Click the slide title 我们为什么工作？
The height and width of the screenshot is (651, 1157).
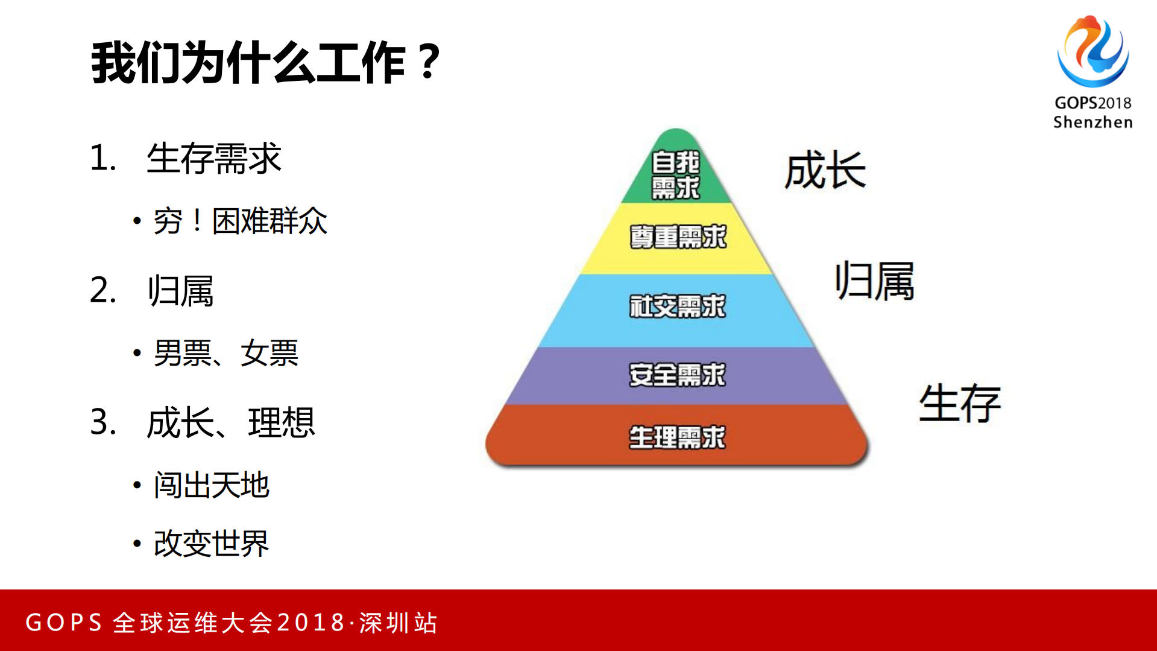pyautogui.click(x=265, y=63)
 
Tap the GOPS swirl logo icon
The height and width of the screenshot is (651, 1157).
pyautogui.click(x=1092, y=52)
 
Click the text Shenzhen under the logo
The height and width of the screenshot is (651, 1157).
pyautogui.click(x=1092, y=122)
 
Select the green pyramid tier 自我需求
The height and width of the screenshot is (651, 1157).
pyautogui.click(x=676, y=174)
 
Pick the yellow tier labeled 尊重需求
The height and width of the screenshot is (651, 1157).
pyautogui.click(x=678, y=237)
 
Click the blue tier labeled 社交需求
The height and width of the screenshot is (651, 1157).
pyautogui.click(x=678, y=306)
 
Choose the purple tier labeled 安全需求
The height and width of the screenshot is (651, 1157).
pyautogui.click(x=678, y=375)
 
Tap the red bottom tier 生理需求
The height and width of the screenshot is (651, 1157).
pyautogui.click(x=678, y=437)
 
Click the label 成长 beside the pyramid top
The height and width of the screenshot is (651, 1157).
pyautogui.click(x=825, y=171)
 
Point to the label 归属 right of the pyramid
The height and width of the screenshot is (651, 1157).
pyautogui.click(x=874, y=281)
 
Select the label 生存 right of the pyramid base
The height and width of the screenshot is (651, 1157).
pyautogui.click(x=959, y=403)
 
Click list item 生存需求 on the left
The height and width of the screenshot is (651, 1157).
pyautogui.click(x=213, y=159)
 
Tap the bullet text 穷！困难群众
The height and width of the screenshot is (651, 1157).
pyautogui.click(x=240, y=221)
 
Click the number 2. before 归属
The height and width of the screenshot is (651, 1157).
pyautogui.click(x=102, y=290)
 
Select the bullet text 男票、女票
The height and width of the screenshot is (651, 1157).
pyautogui.click(x=226, y=353)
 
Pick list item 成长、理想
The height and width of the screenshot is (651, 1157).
pyautogui.click(x=230, y=422)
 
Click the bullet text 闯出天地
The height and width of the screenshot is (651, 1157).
pyautogui.click(x=211, y=485)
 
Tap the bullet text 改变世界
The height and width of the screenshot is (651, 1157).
pyautogui.click(x=211, y=544)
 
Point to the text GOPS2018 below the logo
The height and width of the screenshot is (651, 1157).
pyautogui.click(x=1092, y=103)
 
